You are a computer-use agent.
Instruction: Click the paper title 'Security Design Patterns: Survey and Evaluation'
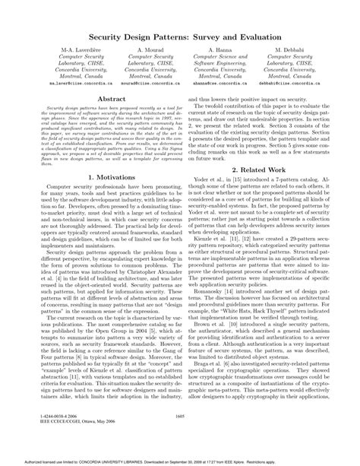(x=180, y=36)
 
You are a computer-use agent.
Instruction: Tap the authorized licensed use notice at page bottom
(x=180, y=461)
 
